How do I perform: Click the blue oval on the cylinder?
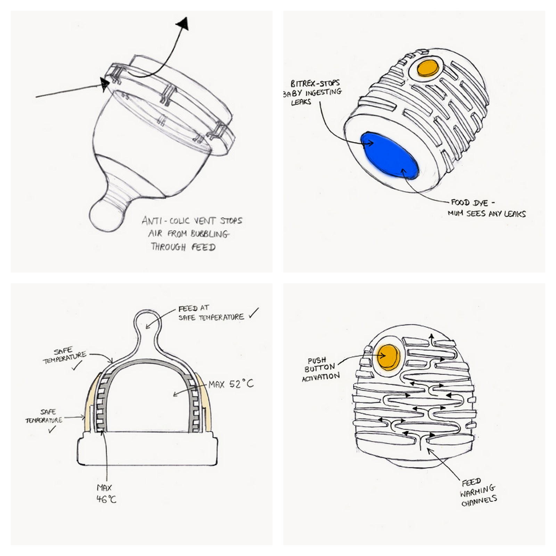(389, 156)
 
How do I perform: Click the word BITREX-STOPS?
(315, 84)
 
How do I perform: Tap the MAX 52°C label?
(231, 384)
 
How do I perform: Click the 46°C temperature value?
(106, 499)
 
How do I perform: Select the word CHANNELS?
(479, 500)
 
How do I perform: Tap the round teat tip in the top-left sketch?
(107, 214)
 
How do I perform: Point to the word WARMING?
(477, 491)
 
